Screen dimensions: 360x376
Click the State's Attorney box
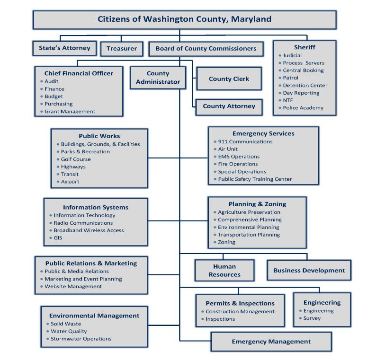(64, 48)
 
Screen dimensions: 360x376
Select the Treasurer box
(122, 48)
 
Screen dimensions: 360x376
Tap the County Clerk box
(229, 79)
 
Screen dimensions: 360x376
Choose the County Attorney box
(229, 106)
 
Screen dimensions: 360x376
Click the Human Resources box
(224, 270)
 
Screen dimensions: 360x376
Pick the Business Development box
(309, 270)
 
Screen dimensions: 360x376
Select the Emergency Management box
(271, 341)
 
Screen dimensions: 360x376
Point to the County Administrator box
(158, 78)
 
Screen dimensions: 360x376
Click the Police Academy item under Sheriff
(303, 108)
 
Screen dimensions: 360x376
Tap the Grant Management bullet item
(70, 112)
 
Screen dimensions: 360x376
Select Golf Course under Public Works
(76, 159)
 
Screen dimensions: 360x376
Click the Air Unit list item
(228, 149)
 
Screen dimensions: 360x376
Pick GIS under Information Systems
(58, 238)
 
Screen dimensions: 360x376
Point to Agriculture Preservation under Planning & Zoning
(249, 212)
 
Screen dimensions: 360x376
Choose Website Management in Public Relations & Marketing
(73, 286)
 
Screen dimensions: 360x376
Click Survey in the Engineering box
(312, 318)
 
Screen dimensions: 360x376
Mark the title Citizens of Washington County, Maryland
(184, 19)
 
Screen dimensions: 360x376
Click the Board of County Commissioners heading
(206, 48)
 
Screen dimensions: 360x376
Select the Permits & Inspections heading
(240, 303)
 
